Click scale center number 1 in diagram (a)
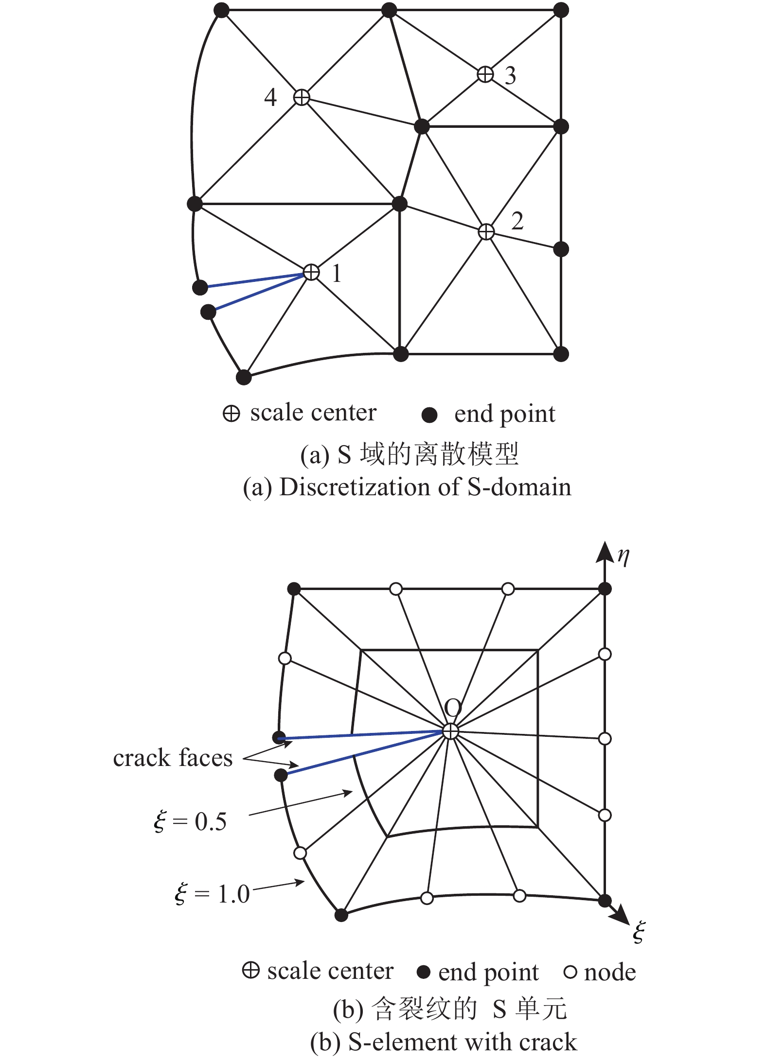[311, 272]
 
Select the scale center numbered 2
[486, 232]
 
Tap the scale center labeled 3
[485, 74]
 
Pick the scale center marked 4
[302, 97]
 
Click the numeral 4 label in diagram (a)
[270, 97]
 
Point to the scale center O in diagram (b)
[451, 731]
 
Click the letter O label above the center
[453, 709]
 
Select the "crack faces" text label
[173, 758]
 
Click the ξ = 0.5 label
[190, 821]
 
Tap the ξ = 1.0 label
[212, 894]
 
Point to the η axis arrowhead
[605, 552]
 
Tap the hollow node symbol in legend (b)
[570, 973]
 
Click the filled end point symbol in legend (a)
[429, 415]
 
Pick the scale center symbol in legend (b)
[250, 971]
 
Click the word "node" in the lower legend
[610, 973]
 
